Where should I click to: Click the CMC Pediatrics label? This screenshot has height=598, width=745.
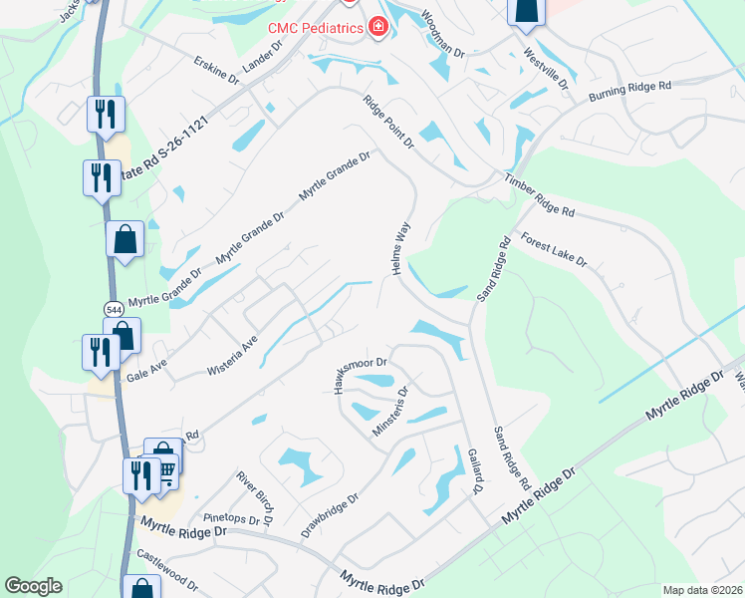(x=314, y=27)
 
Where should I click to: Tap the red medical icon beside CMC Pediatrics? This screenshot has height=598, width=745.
(x=377, y=27)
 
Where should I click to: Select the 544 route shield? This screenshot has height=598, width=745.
(x=114, y=310)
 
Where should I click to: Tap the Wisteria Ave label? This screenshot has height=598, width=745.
(x=232, y=355)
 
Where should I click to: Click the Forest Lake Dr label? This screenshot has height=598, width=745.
(x=554, y=250)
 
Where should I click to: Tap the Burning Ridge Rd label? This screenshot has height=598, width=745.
(x=629, y=92)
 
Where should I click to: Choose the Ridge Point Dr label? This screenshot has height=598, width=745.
(x=388, y=122)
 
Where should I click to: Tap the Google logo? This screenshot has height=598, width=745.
(x=33, y=586)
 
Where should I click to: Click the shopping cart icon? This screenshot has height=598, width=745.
(x=165, y=468)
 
